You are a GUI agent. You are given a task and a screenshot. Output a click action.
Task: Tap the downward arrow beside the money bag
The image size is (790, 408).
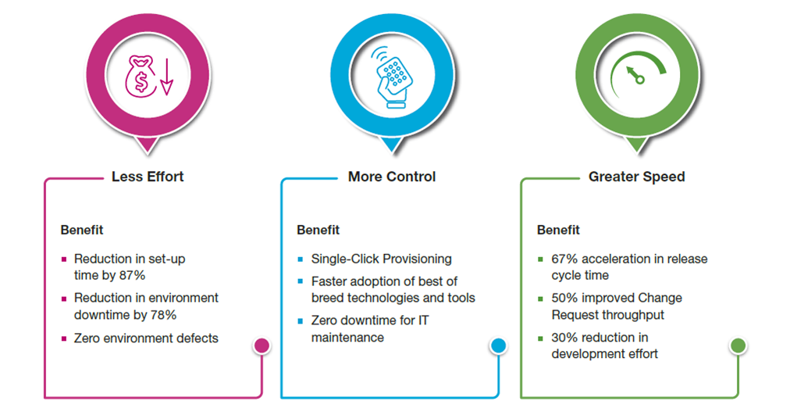(165, 77)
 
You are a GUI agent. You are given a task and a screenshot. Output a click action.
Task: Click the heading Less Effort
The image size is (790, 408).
(148, 177)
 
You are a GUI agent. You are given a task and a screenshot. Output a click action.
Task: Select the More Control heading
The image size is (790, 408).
(392, 177)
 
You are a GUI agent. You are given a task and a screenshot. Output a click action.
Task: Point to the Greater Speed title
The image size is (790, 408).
(636, 177)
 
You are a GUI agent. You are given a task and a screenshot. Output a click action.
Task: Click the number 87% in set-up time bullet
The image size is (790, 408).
(133, 275)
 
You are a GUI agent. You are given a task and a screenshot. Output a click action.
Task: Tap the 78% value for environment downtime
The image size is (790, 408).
(163, 314)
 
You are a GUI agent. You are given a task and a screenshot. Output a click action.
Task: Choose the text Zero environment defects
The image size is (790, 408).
(146, 338)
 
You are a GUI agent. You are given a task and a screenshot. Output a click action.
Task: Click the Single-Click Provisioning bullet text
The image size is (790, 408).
(381, 259)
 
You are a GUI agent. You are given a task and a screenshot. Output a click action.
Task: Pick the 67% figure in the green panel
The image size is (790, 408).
(564, 259)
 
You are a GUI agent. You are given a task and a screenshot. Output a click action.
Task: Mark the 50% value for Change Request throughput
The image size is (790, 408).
(564, 298)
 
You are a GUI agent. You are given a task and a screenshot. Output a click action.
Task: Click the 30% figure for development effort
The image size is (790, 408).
(564, 338)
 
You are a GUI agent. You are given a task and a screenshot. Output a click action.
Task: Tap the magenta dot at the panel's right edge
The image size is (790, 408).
(262, 345)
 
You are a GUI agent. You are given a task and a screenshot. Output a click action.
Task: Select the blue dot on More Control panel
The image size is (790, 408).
(499, 345)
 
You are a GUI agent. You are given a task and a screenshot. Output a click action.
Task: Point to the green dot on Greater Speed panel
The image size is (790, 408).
(738, 345)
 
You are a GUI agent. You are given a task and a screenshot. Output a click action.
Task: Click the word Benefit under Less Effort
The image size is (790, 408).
(82, 230)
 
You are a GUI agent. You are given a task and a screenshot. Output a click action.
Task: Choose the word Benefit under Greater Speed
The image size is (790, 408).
(558, 230)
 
